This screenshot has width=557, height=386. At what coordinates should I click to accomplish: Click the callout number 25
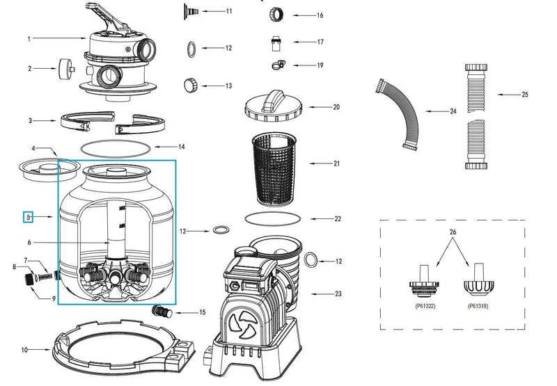(525, 94)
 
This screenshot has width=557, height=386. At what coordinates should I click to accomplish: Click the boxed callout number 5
(29, 217)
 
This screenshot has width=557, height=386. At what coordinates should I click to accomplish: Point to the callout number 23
(338, 293)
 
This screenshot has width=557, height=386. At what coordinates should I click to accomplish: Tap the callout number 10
(24, 350)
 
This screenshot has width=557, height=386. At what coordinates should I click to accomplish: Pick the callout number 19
(320, 65)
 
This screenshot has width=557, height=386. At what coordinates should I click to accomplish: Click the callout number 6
(29, 242)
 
